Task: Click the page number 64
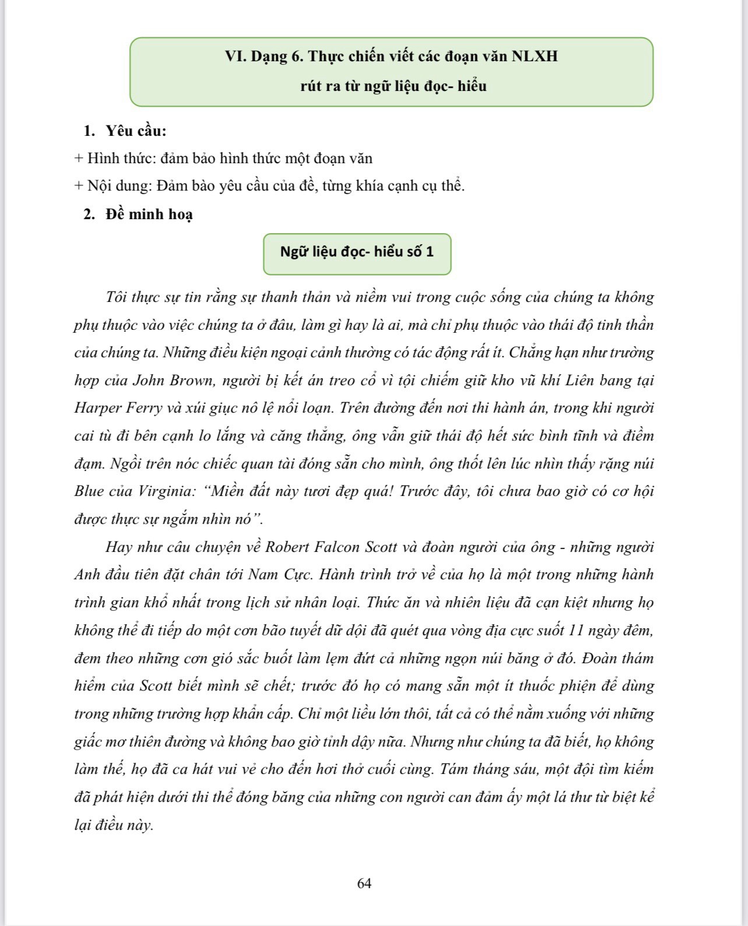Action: click(x=364, y=883)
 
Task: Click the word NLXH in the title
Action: click(x=535, y=57)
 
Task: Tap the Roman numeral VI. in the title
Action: click(x=236, y=57)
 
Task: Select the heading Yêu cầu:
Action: click(x=136, y=131)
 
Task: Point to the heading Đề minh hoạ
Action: click(x=149, y=214)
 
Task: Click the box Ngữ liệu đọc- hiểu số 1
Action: click(x=357, y=252)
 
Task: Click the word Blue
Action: click(x=88, y=491)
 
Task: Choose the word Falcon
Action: click(x=338, y=547)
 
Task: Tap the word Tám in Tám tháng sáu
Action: click(x=455, y=769)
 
